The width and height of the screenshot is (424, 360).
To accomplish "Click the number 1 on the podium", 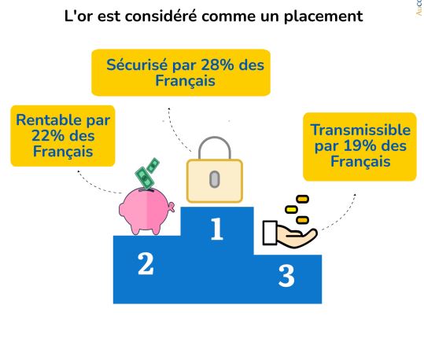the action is tap(217, 229).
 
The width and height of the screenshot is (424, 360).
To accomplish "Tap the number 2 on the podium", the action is tap(146, 264).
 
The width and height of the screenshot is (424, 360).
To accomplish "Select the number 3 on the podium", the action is tap(286, 276).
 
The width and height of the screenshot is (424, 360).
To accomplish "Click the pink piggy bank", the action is tap(146, 211).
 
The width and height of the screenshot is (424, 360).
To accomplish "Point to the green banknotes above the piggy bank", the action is tap(147, 173).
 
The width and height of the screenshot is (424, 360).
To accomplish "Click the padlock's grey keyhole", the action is tap(215, 179).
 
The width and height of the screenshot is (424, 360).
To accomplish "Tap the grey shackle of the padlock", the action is tap(215, 148).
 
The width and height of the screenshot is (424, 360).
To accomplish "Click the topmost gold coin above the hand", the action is tap(302, 199).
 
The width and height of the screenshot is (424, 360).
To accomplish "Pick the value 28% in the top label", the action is tap(217, 65).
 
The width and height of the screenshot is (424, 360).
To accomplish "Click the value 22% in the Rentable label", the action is tap(48, 136).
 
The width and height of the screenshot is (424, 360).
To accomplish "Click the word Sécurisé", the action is tap(137, 65).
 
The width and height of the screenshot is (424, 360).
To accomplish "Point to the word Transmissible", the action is tap(360, 130).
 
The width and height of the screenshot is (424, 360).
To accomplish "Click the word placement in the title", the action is tap(323, 17).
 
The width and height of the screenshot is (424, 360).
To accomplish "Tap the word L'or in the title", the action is tap(79, 16).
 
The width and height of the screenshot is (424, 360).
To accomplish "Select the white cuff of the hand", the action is tap(270, 233).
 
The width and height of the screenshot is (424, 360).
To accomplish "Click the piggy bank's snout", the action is tap(171, 208).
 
